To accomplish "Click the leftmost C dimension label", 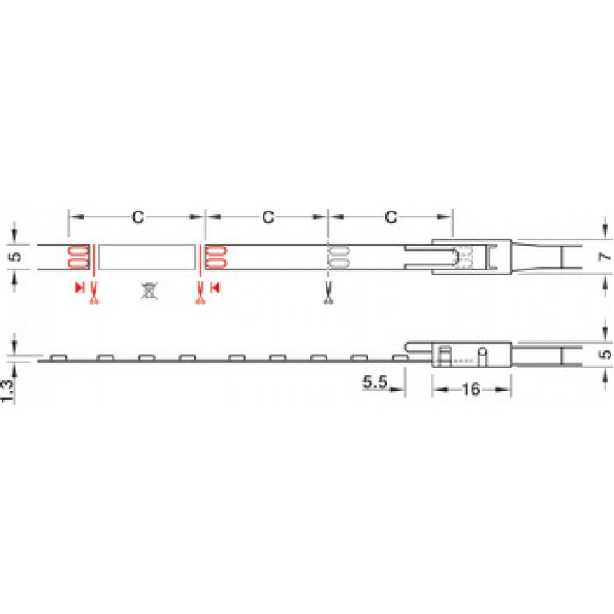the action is (x=138, y=217).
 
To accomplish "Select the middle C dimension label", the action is (x=268, y=217).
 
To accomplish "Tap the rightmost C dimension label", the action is (x=391, y=217).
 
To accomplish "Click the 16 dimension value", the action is (x=471, y=389).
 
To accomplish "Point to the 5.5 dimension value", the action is (x=374, y=382).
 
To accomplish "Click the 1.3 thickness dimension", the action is (x=7, y=391).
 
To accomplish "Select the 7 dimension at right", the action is (x=605, y=257).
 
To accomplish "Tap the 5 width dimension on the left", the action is (x=16, y=257).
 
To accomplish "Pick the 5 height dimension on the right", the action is (x=605, y=354).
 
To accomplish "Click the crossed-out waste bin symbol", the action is (x=148, y=291).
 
